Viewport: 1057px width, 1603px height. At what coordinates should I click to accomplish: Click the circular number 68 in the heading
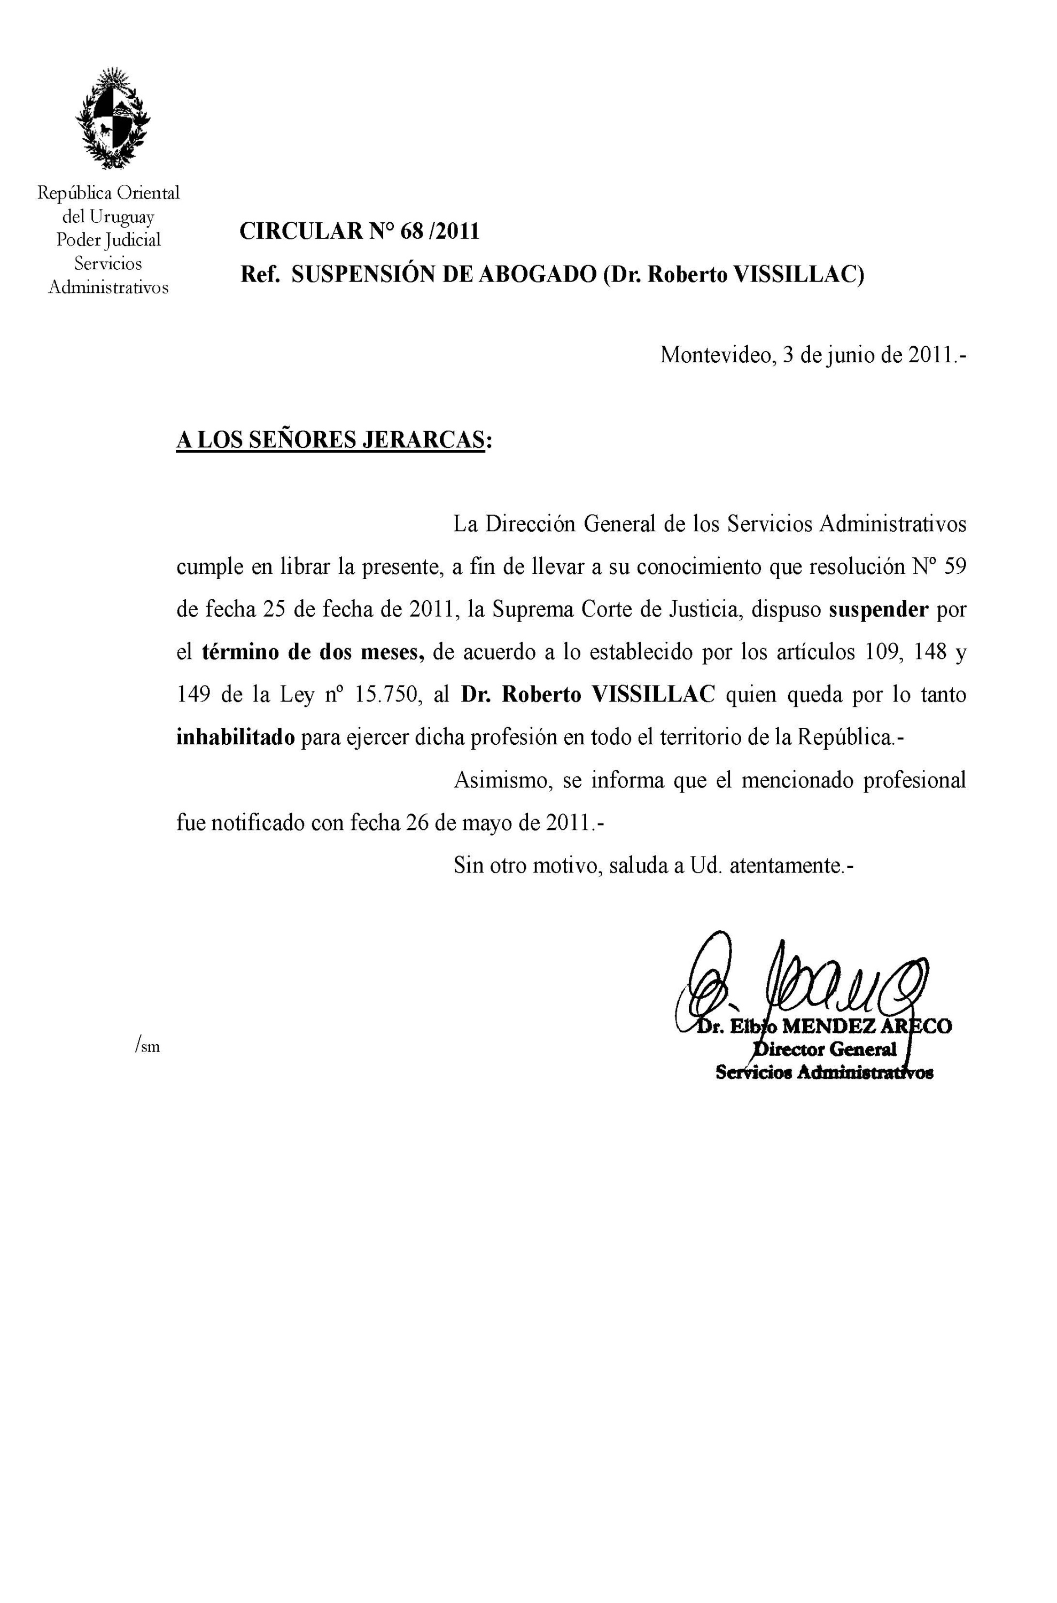coord(410,231)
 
